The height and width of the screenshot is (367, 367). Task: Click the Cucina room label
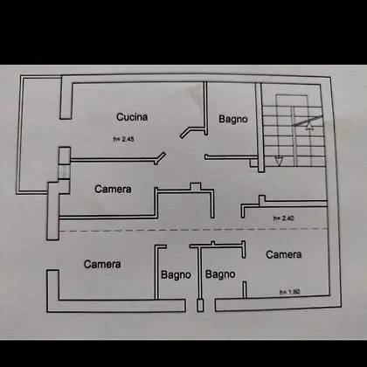(x=132, y=117)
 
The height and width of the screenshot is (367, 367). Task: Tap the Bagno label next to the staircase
(x=233, y=120)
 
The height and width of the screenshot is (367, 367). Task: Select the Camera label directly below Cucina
(x=113, y=189)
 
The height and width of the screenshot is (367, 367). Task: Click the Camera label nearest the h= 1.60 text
(x=283, y=254)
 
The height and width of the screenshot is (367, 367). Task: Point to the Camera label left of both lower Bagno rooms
(x=102, y=264)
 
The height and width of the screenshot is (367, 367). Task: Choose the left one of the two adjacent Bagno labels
(x=176, y=275)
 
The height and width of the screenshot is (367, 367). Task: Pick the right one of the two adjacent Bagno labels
(x=220, y=274)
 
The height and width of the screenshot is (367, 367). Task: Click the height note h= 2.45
(x=123, y=139)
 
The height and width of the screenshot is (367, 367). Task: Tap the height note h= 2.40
(x=283, y=218)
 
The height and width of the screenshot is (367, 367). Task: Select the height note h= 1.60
(x=289, y=292)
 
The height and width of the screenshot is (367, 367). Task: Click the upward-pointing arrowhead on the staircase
(x=309, y=126)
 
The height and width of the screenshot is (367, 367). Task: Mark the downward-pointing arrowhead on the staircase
(x=279, y=162)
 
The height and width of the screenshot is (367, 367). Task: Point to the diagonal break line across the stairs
(x=308, y=121)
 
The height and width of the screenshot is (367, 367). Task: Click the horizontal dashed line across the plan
(x=193, y=230)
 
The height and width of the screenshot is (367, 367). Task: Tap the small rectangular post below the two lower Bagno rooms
(x=200, y=306)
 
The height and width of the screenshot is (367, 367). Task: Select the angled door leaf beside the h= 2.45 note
(x=160, y=158)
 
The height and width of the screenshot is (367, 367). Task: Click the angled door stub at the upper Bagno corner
(x=185, y=133)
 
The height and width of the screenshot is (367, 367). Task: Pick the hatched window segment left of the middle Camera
(x=64, y=171)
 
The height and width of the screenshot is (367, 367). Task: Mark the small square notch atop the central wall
(x=195, y=187)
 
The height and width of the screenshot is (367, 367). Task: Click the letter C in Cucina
(x=120, y=117)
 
